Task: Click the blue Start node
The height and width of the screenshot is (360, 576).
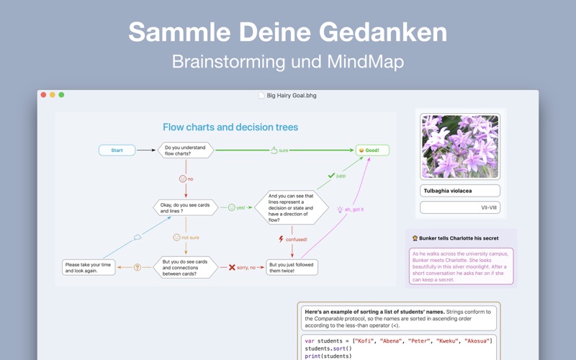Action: (117, 150)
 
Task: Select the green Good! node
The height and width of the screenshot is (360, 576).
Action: (372, 150)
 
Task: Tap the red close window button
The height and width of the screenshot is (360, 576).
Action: (43, 95)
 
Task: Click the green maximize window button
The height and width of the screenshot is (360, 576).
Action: (61, 95)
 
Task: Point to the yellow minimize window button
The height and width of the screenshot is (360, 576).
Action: (53, 95)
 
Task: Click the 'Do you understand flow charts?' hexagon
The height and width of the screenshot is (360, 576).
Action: (186, 150)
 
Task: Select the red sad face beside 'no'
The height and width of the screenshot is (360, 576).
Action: (183, 179)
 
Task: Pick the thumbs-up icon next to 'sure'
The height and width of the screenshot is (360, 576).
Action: (274, 150)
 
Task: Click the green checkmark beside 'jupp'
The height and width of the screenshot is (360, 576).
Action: (331, 176)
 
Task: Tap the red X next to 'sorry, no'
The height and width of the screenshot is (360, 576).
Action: (232, 267)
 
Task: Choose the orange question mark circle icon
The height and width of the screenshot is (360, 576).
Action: (138, 267)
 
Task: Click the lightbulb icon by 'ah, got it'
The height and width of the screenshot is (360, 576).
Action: (340, 210)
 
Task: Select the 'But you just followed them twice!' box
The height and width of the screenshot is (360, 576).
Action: (292, 267)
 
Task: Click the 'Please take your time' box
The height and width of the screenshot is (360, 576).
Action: (89, 267)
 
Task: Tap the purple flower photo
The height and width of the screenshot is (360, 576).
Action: (460, 147)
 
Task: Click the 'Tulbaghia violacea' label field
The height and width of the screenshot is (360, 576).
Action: (460, 191)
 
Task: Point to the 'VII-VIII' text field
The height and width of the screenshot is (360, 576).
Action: (460, 207)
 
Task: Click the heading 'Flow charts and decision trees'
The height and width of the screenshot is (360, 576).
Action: (230, 127)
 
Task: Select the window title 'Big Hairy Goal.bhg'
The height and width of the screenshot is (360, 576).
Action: (292, 96)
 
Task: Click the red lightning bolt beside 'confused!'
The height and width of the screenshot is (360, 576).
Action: (281, 239)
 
